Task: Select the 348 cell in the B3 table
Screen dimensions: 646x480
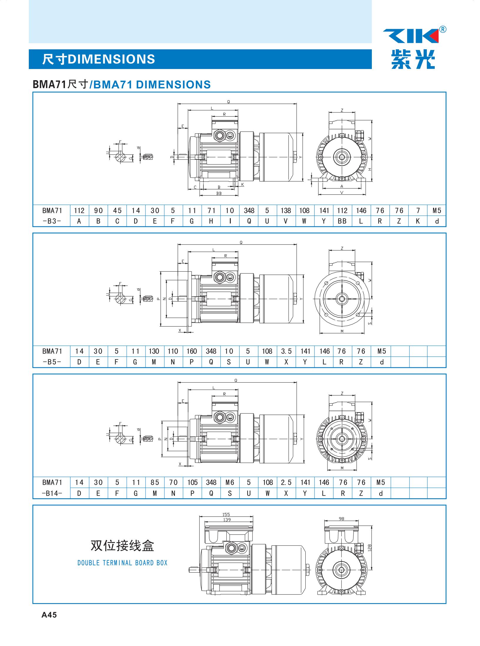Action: [249, 211]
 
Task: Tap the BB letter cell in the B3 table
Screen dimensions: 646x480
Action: [342, 221]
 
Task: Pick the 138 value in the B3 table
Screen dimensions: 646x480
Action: [285, 211]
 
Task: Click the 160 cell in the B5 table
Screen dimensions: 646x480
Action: [192, 351]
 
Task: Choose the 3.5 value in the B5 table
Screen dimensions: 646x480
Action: [286, 351]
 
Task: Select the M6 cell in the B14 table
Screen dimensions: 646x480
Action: [230, 482]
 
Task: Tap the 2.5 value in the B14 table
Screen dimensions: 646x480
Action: [286, 482]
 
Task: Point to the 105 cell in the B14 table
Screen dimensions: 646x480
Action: [192, 482]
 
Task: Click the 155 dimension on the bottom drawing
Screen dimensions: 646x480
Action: [226, 514]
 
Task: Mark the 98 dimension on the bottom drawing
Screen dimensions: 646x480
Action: [341, 519]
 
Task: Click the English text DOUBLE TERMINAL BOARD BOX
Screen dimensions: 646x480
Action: [122, 563]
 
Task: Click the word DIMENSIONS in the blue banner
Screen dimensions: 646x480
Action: [111, 59]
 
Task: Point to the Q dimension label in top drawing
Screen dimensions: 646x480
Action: [228, 102]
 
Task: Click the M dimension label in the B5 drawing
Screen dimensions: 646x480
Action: [342, 331]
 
